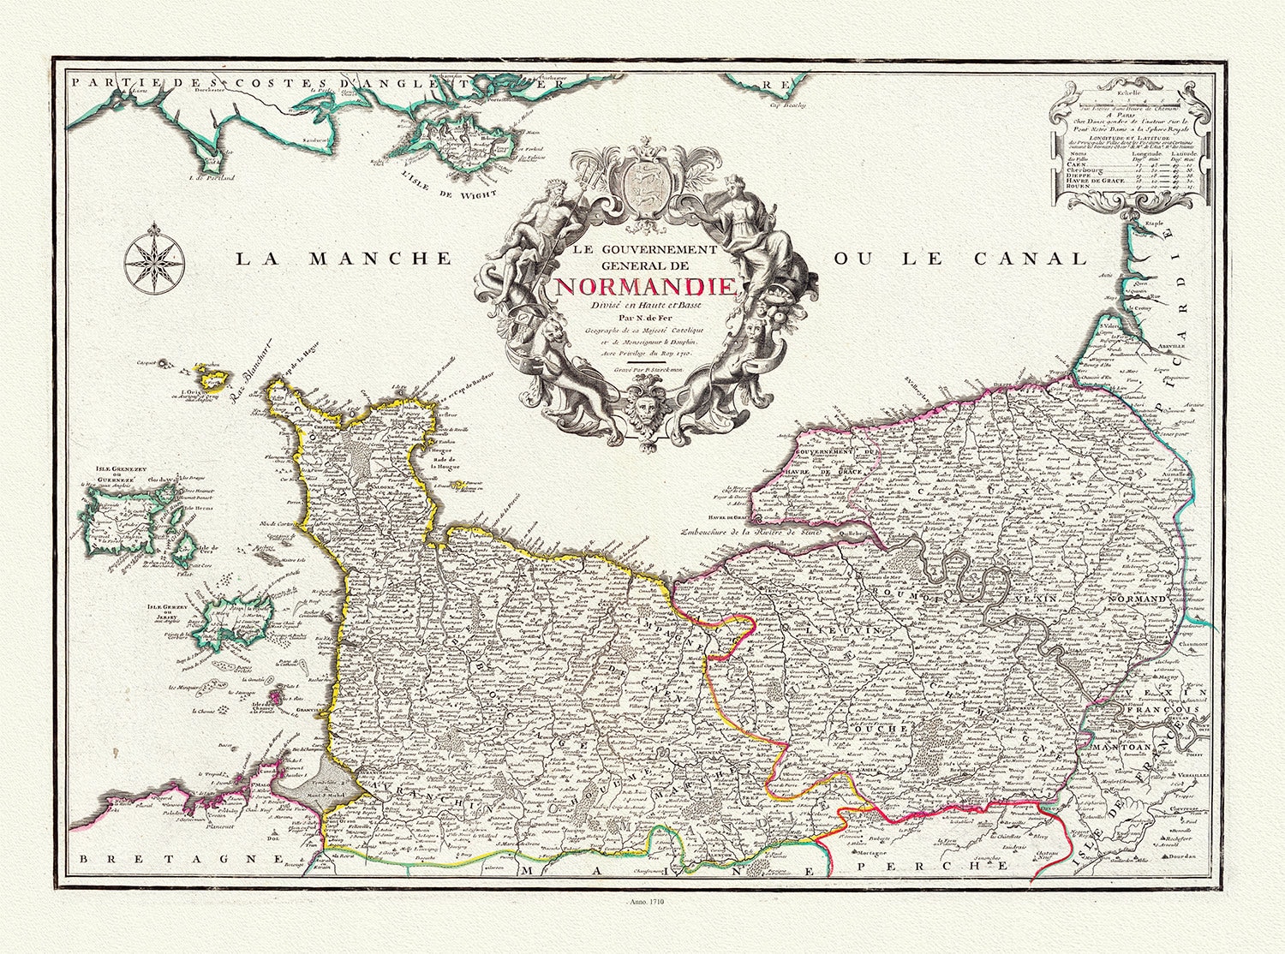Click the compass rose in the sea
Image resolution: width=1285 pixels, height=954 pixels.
point(153,256)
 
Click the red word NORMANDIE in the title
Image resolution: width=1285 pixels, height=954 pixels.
point(645,287)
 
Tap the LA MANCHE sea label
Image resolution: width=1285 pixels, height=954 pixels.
point(343,259)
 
